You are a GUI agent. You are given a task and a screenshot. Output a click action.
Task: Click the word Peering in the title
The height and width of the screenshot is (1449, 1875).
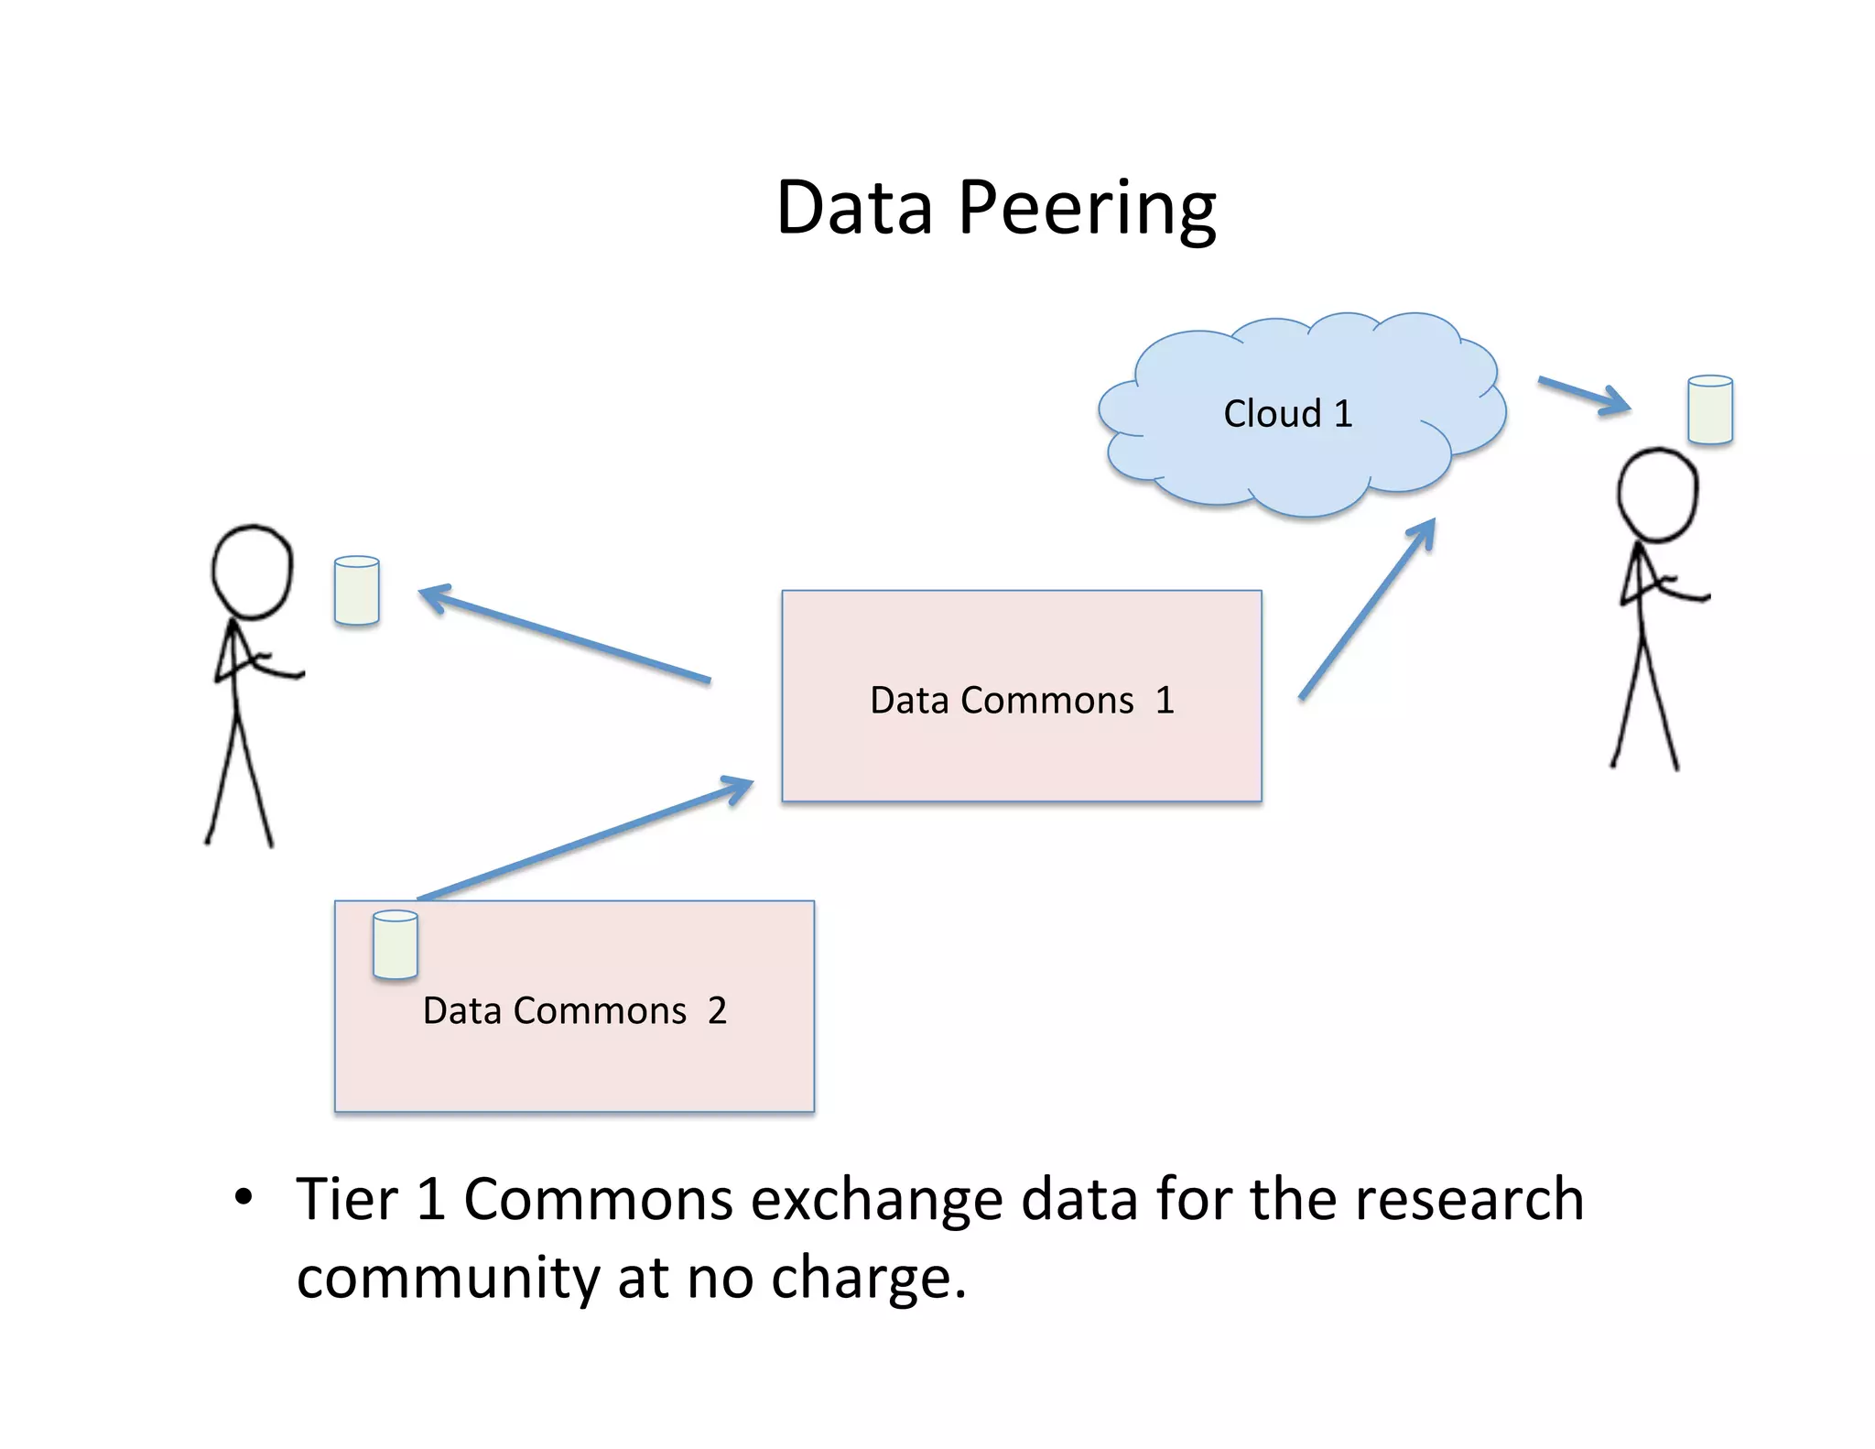tap(1087, 209)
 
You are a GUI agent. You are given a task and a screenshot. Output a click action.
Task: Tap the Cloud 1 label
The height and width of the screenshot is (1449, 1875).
tap(1287, 414)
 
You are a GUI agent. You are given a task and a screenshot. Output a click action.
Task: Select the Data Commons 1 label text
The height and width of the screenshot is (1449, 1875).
tap(1022, 701)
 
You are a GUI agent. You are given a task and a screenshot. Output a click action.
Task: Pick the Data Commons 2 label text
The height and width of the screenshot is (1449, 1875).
tap(574, 1011)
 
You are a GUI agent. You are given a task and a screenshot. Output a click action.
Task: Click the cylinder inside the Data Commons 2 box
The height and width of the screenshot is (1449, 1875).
tap(396, 944)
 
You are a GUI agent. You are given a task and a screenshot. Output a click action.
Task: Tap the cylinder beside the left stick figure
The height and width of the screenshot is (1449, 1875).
tap(357, 591)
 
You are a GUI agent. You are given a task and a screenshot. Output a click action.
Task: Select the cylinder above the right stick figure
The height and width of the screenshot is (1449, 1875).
tap(1709, 409)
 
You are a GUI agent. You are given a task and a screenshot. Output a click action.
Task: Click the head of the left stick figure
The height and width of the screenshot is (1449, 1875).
tap(252, 572)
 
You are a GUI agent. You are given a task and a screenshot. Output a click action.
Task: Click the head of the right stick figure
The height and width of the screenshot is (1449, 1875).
tap(1657, 495)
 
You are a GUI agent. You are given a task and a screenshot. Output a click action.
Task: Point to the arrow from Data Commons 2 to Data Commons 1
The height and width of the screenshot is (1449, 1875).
tap(586, 839)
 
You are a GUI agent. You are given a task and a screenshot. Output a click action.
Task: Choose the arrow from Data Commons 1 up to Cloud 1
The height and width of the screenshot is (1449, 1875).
tap(1367, 609)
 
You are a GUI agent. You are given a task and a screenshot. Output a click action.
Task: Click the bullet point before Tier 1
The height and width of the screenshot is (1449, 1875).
tap(243, 1198)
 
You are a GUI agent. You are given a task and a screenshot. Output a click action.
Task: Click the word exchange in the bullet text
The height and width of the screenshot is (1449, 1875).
tap(876, 1200)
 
